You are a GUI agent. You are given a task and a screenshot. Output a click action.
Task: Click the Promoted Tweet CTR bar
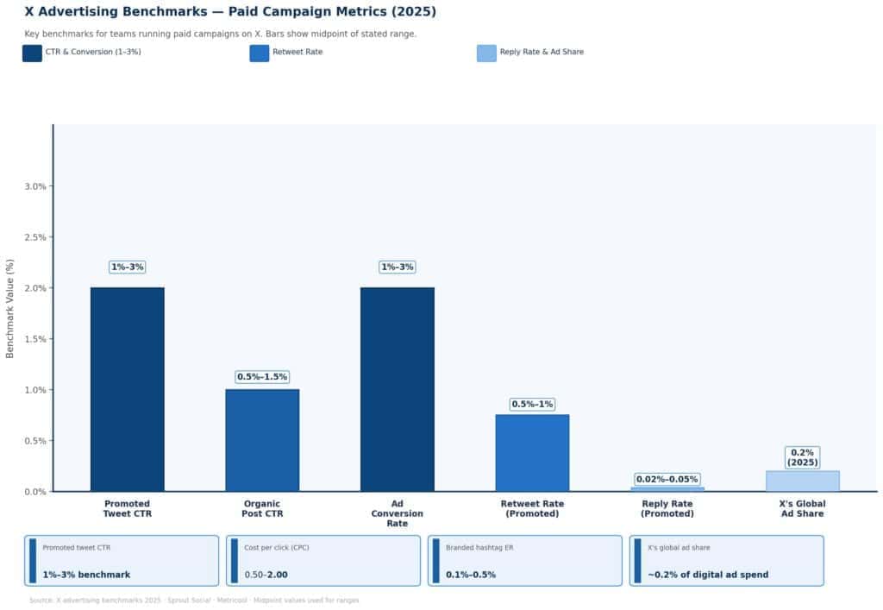click(127, 389)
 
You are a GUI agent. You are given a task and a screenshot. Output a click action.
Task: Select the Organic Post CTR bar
click(262, 440)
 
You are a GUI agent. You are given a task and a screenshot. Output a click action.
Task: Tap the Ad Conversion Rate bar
click(398, 389)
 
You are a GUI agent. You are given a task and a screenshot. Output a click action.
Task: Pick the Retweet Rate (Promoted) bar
click(532, 453)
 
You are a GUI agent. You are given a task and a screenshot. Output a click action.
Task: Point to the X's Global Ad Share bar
click(803, 481)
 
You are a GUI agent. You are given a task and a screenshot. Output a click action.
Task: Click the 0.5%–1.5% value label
click(262, 377)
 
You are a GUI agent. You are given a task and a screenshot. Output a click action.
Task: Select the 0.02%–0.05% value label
click(667, 480)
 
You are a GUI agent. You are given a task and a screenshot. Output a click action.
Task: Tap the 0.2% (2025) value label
click(803, 457)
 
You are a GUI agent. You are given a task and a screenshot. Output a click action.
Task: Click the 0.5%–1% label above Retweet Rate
click(532, 404)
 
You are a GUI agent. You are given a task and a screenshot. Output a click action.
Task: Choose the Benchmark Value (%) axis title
click(10, 308)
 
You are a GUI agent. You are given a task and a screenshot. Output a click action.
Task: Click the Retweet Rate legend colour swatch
click(260, 53)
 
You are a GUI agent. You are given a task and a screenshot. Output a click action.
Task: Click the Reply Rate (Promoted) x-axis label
click(667, 509)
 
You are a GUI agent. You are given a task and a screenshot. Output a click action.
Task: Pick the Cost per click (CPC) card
click(323, 561)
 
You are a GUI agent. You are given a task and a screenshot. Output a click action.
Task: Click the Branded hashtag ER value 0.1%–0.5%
click(471, 575)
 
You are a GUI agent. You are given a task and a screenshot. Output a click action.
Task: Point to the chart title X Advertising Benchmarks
click(230, 12)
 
